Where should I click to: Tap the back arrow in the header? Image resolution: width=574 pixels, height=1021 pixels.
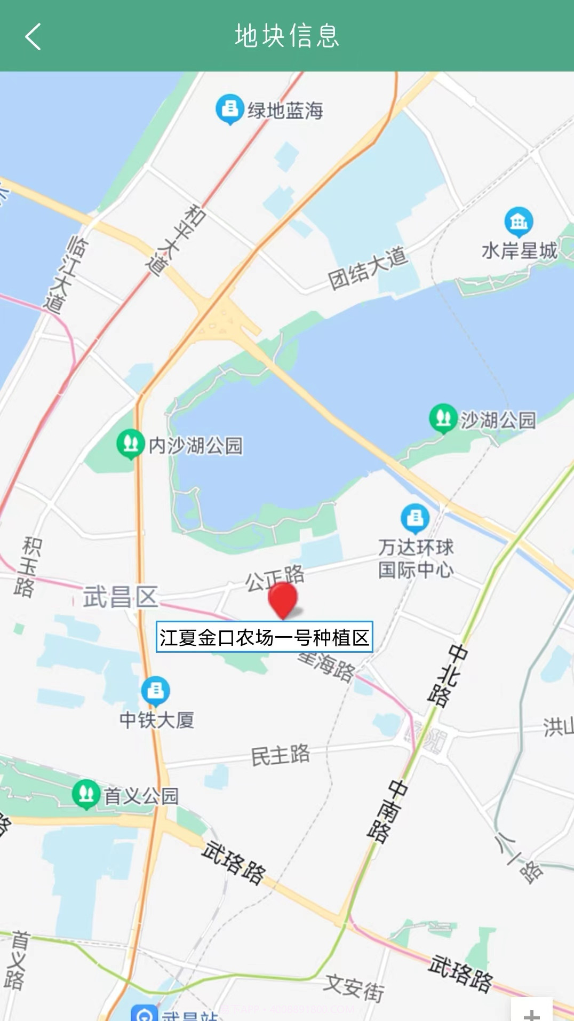tap(33, 36)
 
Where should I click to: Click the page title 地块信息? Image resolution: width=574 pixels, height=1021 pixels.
tap(287, 36)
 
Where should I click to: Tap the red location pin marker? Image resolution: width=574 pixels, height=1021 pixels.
tap(282, 599)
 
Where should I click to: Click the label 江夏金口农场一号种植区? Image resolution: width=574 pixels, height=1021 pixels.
tap(264, 637)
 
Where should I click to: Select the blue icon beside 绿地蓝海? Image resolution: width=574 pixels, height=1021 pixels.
tap(229, 109)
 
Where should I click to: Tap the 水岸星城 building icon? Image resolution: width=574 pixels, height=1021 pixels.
tap(519, 221)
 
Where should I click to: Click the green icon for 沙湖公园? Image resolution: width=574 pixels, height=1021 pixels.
tap(443, 418)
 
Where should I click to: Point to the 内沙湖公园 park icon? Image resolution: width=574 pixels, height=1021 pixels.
tap(130, 444)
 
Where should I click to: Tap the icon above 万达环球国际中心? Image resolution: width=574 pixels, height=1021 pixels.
tap(415, 518)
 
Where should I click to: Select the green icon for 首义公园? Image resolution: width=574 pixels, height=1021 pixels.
tap(86, 794)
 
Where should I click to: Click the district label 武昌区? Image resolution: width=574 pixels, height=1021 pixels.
tap(121, 597)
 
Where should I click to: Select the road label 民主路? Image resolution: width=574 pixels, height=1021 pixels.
tap(281, 755)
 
